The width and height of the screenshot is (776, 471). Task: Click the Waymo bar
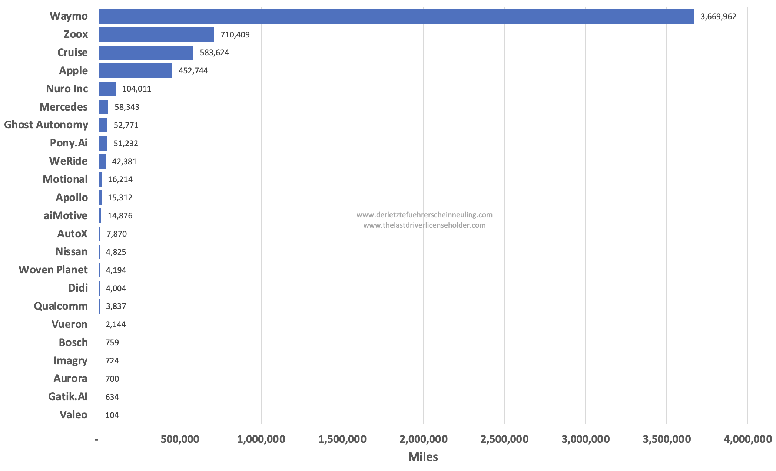(397, 17)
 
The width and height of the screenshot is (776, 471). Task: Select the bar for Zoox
(156, 34)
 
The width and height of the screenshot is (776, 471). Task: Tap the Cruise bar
(146, 53)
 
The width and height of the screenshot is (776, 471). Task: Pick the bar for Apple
(136, 71)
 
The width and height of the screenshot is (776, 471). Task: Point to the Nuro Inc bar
(107, 89)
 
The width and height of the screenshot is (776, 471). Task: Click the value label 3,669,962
(718, 17)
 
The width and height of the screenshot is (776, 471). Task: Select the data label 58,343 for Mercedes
(127, 107)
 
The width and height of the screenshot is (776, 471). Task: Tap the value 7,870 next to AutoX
(116, 234)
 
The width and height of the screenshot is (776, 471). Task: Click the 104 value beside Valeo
(112, 415)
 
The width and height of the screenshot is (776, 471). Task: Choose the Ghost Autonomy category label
(46, 125)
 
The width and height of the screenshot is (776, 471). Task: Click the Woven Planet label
(53, 270)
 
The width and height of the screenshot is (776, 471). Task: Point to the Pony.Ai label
(69, 143)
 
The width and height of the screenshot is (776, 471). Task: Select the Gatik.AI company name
(68, 397)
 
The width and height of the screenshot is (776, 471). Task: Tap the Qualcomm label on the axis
(61, 306)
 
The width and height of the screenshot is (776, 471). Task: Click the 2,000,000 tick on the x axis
(423, 439)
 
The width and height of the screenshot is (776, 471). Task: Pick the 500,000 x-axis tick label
(180, 439)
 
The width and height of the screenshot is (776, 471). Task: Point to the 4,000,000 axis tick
(747, 439)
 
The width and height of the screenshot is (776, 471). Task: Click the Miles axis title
(423, 457)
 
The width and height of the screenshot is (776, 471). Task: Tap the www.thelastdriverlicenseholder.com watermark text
(424, 225)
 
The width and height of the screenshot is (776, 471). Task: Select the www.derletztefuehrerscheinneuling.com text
(424, 215)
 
